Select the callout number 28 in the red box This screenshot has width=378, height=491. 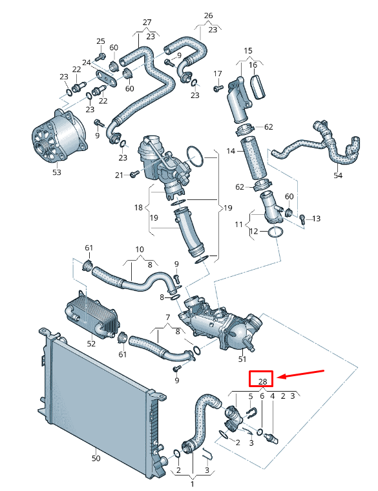[x=262, y=381]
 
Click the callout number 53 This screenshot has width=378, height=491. [x=57, y=172]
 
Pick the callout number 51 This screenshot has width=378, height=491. [x=243, y=359]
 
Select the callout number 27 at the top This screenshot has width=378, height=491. [x=147, y=22]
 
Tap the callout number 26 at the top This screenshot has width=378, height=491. [x=208, y=15]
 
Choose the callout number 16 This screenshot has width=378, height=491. [x=253, y=65]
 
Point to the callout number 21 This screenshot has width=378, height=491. [x=118, y=175]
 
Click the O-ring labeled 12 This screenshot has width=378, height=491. [x=274, y=231]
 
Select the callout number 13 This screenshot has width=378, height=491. [x=316, y=219]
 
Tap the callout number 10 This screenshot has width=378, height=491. [x=139, y=249]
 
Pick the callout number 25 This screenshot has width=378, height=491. [x=100, y=41]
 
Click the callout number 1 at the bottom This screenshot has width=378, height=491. [x=192, y=482]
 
